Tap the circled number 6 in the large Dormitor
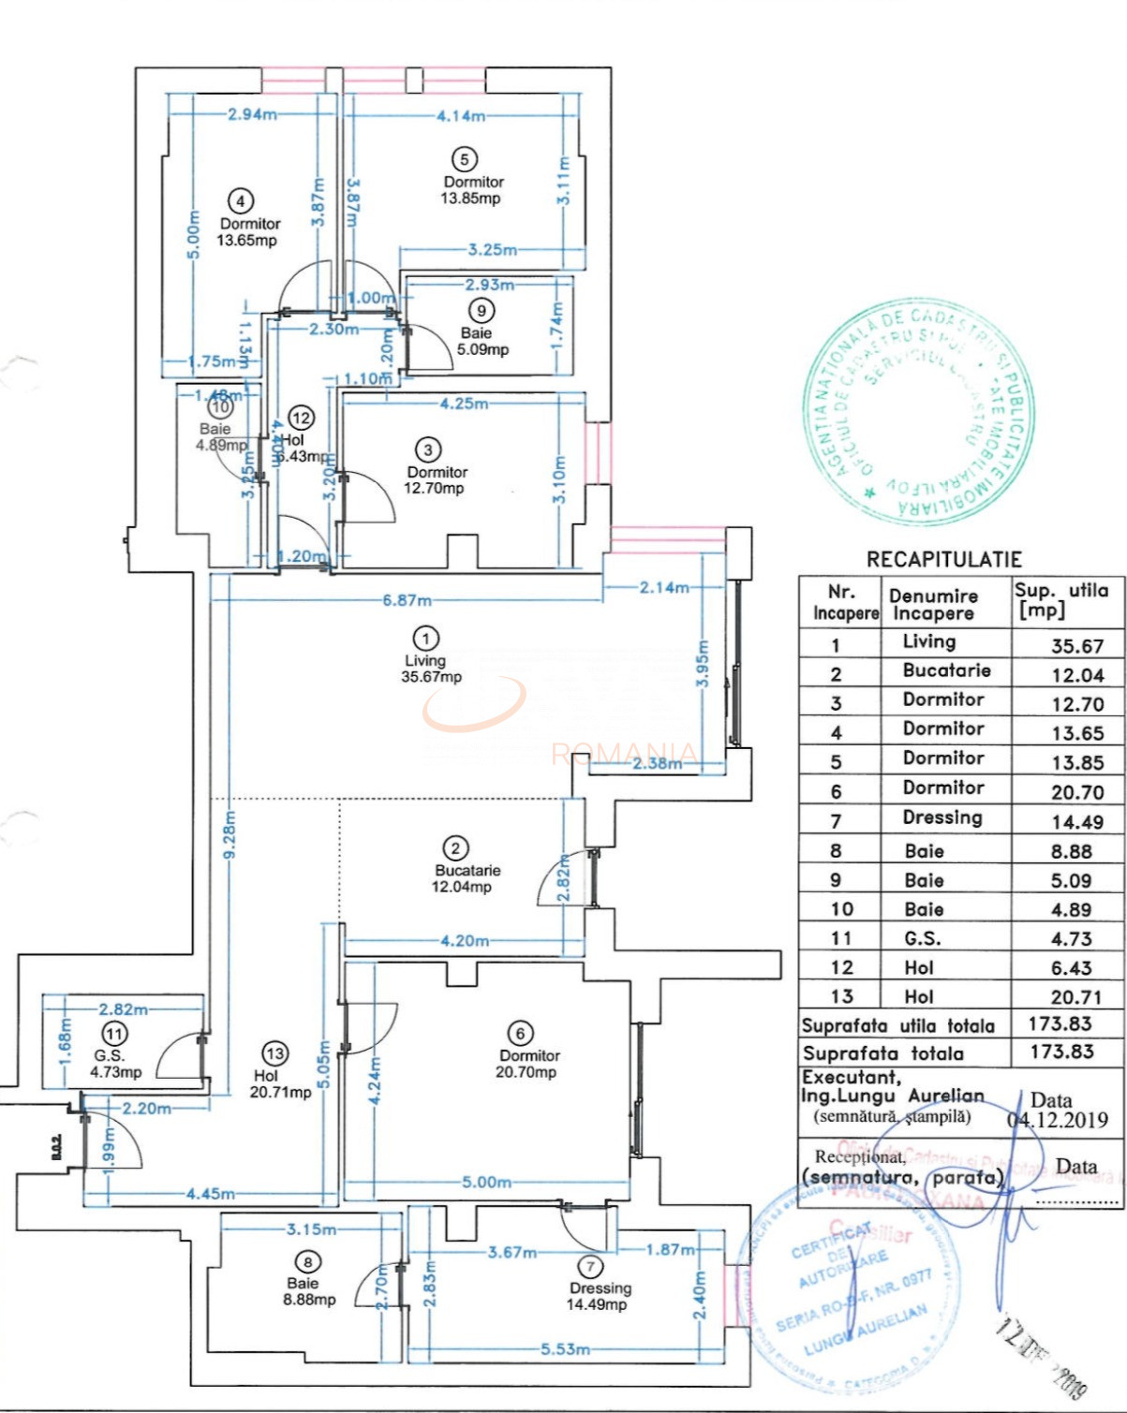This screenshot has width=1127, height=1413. (520, 1033)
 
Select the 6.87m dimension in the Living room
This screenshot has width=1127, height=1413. (407, 600)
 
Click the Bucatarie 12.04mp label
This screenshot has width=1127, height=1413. (466, 878)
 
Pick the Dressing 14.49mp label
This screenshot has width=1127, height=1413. (600, 1296)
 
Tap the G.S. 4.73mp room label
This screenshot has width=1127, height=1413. (114, 1064)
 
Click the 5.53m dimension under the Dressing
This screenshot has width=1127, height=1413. (565, 1349)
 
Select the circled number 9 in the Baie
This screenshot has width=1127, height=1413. (482, 311)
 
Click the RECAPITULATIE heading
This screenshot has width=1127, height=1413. (943, 560)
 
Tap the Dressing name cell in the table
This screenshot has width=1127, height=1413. (942, 817)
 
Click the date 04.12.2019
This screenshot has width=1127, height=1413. (1057, 1120)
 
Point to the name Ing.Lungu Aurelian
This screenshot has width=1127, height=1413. (892, 1097)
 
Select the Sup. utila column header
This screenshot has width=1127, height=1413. (1060, 599)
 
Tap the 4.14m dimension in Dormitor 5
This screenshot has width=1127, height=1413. (461, 116)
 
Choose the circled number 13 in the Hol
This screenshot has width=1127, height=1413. (274, 1053)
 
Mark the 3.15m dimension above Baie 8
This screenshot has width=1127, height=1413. (311, 1229)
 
